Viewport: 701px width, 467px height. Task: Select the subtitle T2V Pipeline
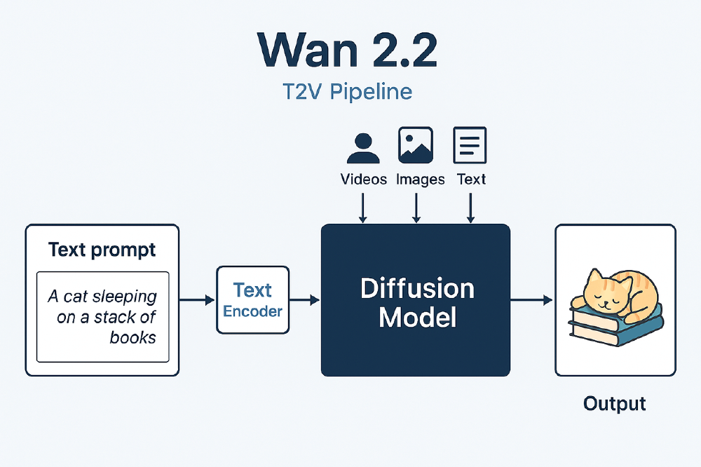click(x=348, y=92)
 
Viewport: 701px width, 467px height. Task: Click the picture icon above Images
click(x=416, y=145)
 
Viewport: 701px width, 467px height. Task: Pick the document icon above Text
click(x=470, y=145)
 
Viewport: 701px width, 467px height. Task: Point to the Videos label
click(x=363, y=180)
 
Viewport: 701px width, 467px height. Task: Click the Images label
click(x=420, y=180)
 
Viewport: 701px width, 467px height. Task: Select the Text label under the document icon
click(x=471, y=180)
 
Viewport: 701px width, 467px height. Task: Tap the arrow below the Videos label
click(x=363, y=208)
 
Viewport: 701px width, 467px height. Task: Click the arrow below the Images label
click(x=416, y=208)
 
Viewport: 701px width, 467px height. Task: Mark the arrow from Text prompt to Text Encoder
click(x=197, y=300)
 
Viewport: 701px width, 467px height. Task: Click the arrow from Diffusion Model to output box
click(x=531, y=300)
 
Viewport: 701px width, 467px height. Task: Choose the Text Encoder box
click(x=253, y=300)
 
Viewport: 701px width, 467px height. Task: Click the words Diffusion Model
click(x=416, y=303)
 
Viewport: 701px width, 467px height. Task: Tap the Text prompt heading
click(x=102, y=250)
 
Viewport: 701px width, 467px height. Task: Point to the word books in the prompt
click(x=132, y=337)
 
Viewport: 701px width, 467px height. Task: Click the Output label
click(x=615, y=404)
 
